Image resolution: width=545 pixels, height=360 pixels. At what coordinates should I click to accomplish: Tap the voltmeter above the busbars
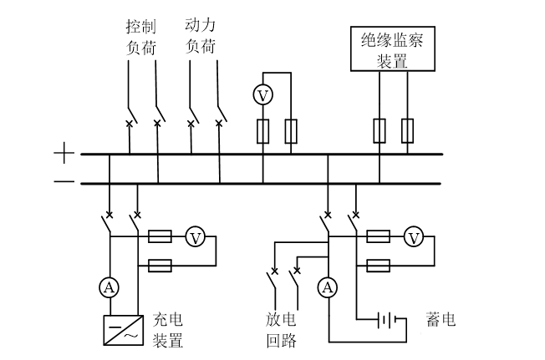pos(262,96)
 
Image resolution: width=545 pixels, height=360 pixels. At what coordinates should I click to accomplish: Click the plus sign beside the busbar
pos(64,154)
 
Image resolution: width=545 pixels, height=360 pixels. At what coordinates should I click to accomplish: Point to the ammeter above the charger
pos(108,287)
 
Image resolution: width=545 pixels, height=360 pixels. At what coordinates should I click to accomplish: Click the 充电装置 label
pos(167,330)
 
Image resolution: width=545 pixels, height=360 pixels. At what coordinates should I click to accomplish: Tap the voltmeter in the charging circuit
pos(195,237)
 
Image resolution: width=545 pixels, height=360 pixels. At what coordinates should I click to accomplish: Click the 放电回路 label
pos(281,330)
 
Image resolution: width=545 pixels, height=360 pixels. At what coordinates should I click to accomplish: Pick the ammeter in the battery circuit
pos(327,287)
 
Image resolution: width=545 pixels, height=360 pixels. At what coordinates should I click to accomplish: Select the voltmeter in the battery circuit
pos(413,237)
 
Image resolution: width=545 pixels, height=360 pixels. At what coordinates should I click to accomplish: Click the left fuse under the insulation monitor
pos(379,129)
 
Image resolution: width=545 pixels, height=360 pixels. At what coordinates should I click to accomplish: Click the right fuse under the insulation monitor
pos(407,129)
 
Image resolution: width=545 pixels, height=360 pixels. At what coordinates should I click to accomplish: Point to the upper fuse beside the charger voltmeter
pos(160,237)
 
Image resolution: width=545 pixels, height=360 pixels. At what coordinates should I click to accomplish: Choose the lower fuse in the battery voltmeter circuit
pos(379,266)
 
